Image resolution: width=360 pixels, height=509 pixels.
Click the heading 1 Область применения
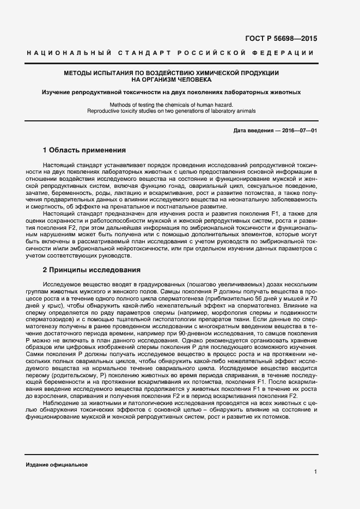(84, 150)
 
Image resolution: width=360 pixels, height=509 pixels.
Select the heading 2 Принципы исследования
(91, 270)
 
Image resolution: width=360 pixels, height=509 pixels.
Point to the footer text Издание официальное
(57, 464)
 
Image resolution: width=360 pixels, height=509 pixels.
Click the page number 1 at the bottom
(315, 471)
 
